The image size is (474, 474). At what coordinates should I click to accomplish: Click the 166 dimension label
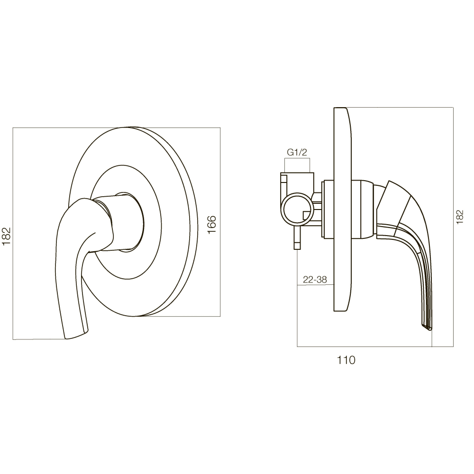click(x=212, y=224)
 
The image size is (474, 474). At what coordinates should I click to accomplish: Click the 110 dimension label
click(x=346, y=360)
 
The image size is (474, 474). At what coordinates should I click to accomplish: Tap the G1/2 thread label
click(x=297, y=152)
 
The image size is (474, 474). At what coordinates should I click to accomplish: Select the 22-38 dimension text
click(x=315, y=280)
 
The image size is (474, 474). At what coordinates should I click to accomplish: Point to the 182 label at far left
click(x=6, y=236)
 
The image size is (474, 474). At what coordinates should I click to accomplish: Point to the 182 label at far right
click(x=459, y=217)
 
